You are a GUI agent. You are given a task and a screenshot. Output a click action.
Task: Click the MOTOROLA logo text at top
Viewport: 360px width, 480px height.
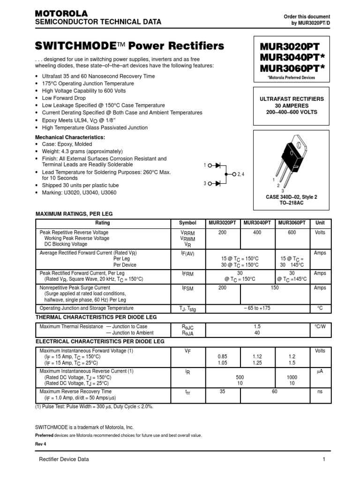(61, 14)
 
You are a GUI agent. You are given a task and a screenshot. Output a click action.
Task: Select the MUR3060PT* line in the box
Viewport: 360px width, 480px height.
(289, 68)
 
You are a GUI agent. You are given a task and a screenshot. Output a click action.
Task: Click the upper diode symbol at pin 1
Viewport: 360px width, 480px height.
(218, 165)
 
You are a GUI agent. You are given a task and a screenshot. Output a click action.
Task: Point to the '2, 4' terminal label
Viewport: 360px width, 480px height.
(241, 174)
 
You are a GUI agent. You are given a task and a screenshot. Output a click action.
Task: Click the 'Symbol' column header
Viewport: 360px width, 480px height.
(187, 223)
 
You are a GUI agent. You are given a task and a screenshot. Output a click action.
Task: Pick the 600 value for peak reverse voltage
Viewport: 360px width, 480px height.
(292, 232)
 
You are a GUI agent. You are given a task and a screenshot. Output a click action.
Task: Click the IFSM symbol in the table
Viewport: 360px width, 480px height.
(187, 288)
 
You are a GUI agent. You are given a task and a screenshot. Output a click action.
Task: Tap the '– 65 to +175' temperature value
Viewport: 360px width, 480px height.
(257, 308)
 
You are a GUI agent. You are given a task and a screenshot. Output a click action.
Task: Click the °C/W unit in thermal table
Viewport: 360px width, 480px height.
(320, 326)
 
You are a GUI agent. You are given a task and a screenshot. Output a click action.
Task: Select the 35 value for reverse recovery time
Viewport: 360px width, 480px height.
(223, 391)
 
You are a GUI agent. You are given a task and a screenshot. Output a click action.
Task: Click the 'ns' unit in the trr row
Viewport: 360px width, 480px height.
(320, 391)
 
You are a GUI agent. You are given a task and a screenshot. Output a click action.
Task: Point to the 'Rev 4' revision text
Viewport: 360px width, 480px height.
(41, 444)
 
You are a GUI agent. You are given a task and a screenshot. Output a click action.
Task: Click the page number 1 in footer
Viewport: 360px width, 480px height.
(323, 459)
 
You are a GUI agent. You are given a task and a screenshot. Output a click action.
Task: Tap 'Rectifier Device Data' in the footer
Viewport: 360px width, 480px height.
(64, 459)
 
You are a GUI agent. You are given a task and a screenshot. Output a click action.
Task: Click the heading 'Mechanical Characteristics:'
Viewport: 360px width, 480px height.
(70, 137)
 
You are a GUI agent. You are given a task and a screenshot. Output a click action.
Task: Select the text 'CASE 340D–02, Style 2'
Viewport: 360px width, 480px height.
(292, 197)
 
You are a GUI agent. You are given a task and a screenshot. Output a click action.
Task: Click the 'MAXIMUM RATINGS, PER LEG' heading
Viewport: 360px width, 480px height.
(74, 214)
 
